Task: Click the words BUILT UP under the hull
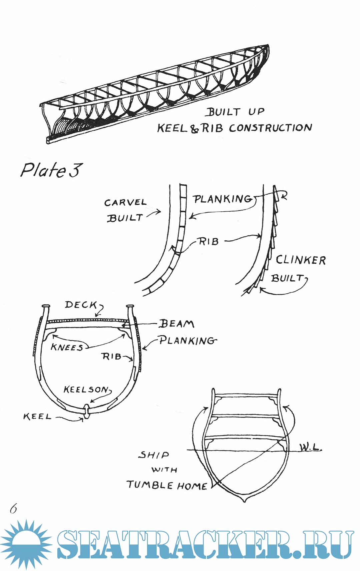point(235,112)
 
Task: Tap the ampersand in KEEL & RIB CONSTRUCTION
point(194,129)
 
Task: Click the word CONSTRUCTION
point(270,128)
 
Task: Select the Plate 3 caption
point(51,170)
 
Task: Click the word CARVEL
point(125,203)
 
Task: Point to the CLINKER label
point(301,260)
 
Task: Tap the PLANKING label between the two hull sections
point(223,199)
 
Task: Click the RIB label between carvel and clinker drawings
point(209,241)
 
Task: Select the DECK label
point(81,305)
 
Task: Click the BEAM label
point(176,324)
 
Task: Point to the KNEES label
point(67,347)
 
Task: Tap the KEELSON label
point(86,389)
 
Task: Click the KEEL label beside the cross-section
point(37,417)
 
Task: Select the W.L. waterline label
point(310,447)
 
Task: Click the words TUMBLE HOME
point(167,485)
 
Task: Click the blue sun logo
point(26,544)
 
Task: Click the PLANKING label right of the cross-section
point(187,340)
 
